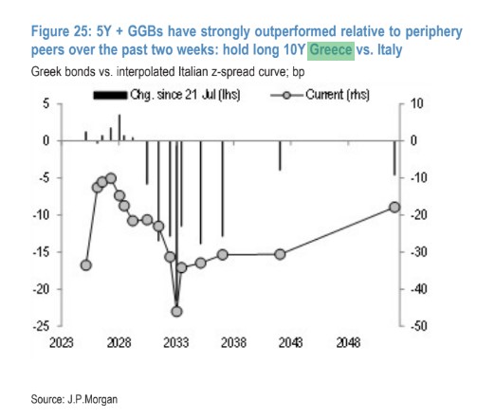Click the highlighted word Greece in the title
pyautogui.click(x=331, y=50)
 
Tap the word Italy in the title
pyautogui.click(x=390, y=50)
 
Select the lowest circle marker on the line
pyautogui.click(x=176, y=312)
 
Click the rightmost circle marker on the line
pyautogui.click(x=394, y=208)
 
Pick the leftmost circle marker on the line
pyautogui.click(x=86, y=265)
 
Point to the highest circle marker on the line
pyautogui.click(x=111, y=178)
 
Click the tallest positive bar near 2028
pyautogui.click(x=119, y=127)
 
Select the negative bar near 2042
pyautogui.click(x=280, y=155)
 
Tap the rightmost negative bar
pyautogui.click(x=394, y=158)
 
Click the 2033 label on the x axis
pyautogui.click(x=176, y=343)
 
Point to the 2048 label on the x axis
pyautogui.click(x=348, y=343)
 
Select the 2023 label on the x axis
pyautogui.click(x=62, y=343)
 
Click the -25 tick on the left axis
pyautogui.click(x=42, y=326)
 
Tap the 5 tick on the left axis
pyautogui.click(x=46, y=103)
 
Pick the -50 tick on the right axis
pyautogui.click(x=419, y=326)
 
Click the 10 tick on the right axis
pyautogui.click(x=417, y=103)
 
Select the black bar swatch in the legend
pyautogui.click(x=110, y=95)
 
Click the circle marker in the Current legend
pyautogui.click(x=286, y=95)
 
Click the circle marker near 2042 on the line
pyautogui.click(x=280, y=254)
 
